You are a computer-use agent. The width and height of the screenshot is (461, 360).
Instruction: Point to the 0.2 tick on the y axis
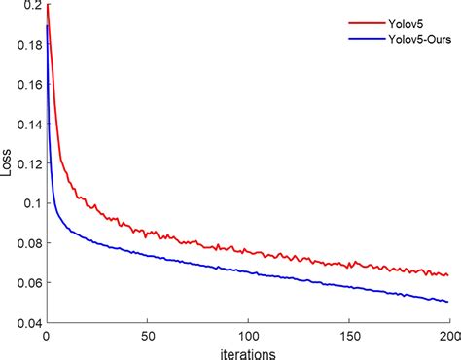pos(32,6)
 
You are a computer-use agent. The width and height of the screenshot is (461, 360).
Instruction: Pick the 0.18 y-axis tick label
pos(27,45)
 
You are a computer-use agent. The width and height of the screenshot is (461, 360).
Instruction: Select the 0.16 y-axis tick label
pos(27,85)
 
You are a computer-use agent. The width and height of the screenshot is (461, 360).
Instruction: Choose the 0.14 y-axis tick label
pos(27,124)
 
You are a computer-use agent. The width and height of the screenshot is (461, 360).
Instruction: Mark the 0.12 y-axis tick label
pos(27,163)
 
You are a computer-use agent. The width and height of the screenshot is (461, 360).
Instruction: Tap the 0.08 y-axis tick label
pos(27,243)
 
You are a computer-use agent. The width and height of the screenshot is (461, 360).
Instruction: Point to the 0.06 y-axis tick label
pos(27,283)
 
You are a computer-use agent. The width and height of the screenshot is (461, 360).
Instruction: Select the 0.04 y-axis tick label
pos(27,322)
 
